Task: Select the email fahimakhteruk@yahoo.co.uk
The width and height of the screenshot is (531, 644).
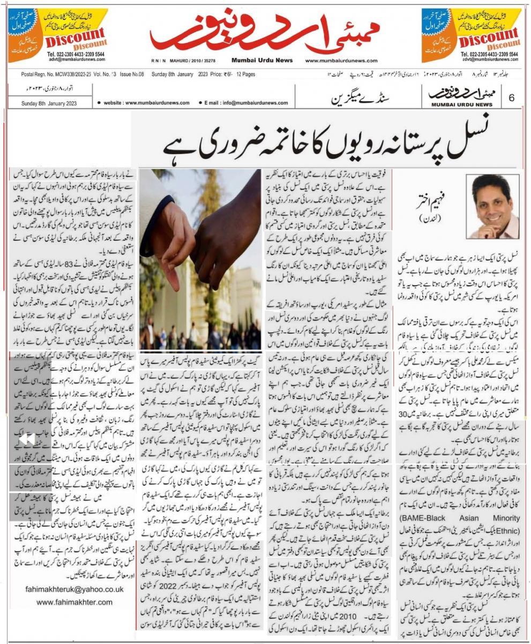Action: point(74,589)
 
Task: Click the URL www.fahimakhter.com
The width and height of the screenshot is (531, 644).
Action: point(74,602)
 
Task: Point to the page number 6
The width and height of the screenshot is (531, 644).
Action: point(512,98)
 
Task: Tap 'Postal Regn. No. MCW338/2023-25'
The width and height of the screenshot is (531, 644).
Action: point(56,75)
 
